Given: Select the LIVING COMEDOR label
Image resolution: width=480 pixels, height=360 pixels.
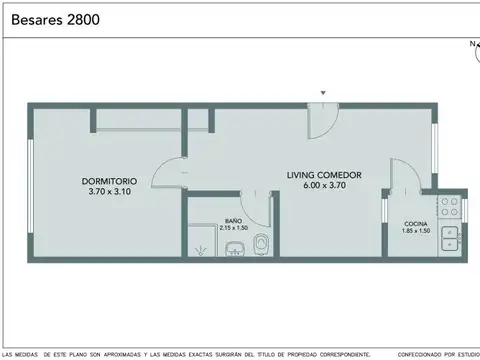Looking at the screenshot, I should pyautogui.click(x=324, y=175).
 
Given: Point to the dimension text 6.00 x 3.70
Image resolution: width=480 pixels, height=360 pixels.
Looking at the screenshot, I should pyautogui.click(x=324, y=185).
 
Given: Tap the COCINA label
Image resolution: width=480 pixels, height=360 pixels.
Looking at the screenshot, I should pyautogui.click(x=416, y=223).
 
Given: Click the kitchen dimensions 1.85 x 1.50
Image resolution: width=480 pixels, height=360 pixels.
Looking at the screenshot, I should pyautogui.click(x=416, y=231).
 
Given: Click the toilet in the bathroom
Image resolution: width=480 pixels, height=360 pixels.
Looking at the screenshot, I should pyautogui.click(x=262, y=244).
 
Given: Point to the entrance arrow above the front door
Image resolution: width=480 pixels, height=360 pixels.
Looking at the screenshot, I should pyautogui.click(x=322, y=93).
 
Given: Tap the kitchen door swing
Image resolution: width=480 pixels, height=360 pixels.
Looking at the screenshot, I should pyautogui.click(x=398, y=177).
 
